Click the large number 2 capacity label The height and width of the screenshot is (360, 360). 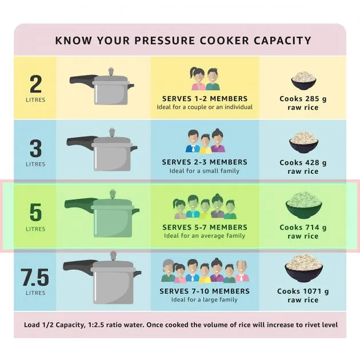tap(35, 84)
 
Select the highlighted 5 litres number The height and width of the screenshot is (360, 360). tap(35, 213)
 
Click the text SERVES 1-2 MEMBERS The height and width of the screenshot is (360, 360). tap(205, 98)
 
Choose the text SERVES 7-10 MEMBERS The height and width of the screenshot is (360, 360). tap(205, 291)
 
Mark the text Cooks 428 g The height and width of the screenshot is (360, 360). tap(303, 162)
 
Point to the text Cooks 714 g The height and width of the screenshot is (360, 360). tap(303, 227)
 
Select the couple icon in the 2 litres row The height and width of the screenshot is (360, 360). tap(205, 79)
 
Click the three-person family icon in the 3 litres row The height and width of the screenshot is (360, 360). tap(205, 142)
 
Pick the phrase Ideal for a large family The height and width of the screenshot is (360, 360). tap(205, 299)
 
